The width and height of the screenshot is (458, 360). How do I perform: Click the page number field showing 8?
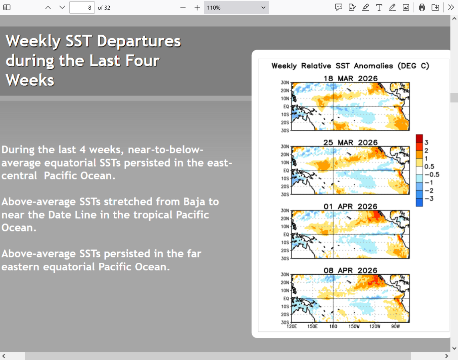pyautogui.click(x=82, y=8)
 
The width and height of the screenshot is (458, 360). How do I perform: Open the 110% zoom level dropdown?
pyautogui.click(x=236, y=8)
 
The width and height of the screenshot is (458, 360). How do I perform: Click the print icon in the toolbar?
pyautogui.click(x=422, y=8)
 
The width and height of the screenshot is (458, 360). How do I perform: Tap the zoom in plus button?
pyautogui.click(x=197, y=8)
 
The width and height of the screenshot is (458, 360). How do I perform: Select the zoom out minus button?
pyautogui.click(x=183, y=8)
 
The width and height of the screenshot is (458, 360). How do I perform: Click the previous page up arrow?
pyautogui.click(x=48, y=8)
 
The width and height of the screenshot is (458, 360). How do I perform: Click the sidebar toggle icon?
pyautogui.click(x=7, y=8)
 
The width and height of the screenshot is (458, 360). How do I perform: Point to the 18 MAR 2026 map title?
pyautogui.click(x=351, y=78)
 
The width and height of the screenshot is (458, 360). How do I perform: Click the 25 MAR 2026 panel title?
pyautogui.click(x=351, y=143)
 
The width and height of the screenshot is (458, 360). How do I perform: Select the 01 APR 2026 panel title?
pyautogui.click(x=351, y=207)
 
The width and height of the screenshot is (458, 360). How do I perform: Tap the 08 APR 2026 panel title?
pyautogui.click(x=351, y=271)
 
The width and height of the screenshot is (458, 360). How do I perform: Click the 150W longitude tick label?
pyautogui.click(x=354, y=326)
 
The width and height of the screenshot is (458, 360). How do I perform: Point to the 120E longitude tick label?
pyautogui.click(x=291, y=326)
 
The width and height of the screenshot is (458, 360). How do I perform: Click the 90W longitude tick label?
pyautogui.click(x=396, y=326)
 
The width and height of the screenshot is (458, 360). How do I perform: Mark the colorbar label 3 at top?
pyautogui.click(x=426, y=143)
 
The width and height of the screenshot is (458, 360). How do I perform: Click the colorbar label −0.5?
pyautogui.click(x=432, y=175)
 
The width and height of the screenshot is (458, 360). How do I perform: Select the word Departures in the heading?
pyautogui.click(x=139, y=41)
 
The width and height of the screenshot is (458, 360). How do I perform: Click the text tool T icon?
pyautogui.click(x=379, y=8)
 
